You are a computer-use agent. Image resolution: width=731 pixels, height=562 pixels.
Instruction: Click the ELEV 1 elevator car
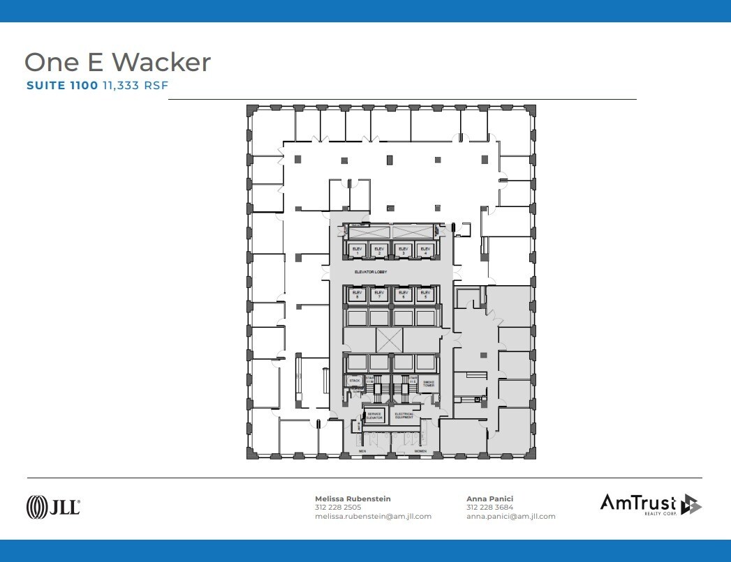click(357, 250)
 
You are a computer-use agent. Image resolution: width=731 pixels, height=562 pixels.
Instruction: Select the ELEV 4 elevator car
click(424, 250)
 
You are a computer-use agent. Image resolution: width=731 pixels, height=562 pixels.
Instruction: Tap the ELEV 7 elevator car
click(379, 295)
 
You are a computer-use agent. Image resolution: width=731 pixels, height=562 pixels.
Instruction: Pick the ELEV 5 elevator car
click(424, 295)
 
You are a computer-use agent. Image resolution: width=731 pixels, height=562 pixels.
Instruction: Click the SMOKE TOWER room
click(428, 383)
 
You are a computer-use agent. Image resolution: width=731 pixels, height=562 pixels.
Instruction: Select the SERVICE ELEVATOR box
click(375, 415)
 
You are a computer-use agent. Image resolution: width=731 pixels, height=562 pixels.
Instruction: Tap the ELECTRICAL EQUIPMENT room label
click(404, 415)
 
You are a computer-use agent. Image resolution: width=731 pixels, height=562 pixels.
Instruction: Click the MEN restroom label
click(362, 451)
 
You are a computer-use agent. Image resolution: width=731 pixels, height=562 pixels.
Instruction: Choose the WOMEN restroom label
click(421, 451)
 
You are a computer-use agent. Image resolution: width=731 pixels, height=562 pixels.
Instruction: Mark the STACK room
click(354, 381)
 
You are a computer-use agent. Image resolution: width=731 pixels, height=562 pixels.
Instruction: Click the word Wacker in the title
click(161, 62)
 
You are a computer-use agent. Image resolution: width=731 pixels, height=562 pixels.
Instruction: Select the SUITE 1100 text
click(61, 85)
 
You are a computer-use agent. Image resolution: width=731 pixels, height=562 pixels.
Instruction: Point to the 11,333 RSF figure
click(135, 85)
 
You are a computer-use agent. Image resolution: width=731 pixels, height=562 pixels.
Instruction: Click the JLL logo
click(53, 506)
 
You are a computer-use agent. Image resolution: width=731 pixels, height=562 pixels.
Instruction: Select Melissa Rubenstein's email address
click(373, 517)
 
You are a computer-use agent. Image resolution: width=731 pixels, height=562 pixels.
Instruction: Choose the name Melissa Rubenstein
click(353, 499)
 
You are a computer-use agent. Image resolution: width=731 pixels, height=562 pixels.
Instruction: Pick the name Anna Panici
click(489, 499)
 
